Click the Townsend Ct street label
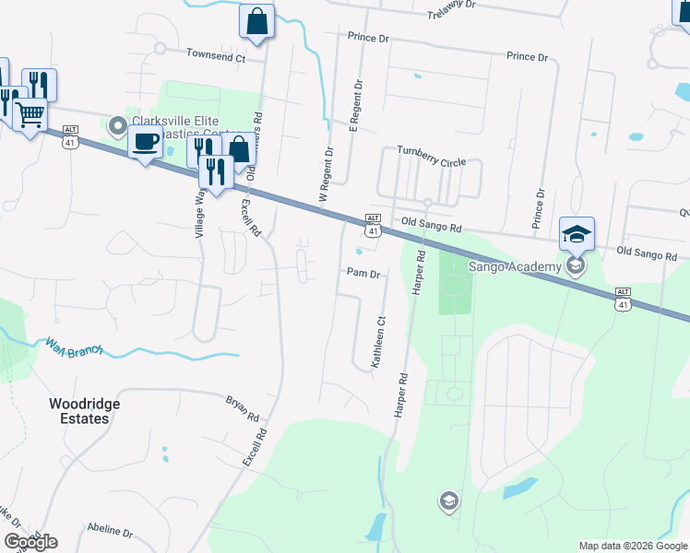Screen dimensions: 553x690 click(x=215, y=57)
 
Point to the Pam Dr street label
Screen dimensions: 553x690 click(x=363, y=274)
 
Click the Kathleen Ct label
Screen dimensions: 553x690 click(x=378, y=343)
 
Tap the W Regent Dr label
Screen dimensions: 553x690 click(x=326, y=174)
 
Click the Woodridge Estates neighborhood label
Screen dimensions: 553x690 click(x=79, y=411)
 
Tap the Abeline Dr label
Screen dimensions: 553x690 click(x=110, y=532)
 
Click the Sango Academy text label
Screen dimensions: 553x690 click(x=516, y=267)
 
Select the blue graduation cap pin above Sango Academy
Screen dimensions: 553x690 click(x=577, y=234)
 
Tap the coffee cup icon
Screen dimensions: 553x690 click(x=145, y=141)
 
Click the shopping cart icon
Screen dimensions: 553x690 click(x=30, y=114)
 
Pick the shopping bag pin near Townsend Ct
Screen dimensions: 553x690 click(x=256, y=20)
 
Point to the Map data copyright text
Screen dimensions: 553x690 click(x=633, y=546)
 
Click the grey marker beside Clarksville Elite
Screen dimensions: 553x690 click(x=118, y=124)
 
